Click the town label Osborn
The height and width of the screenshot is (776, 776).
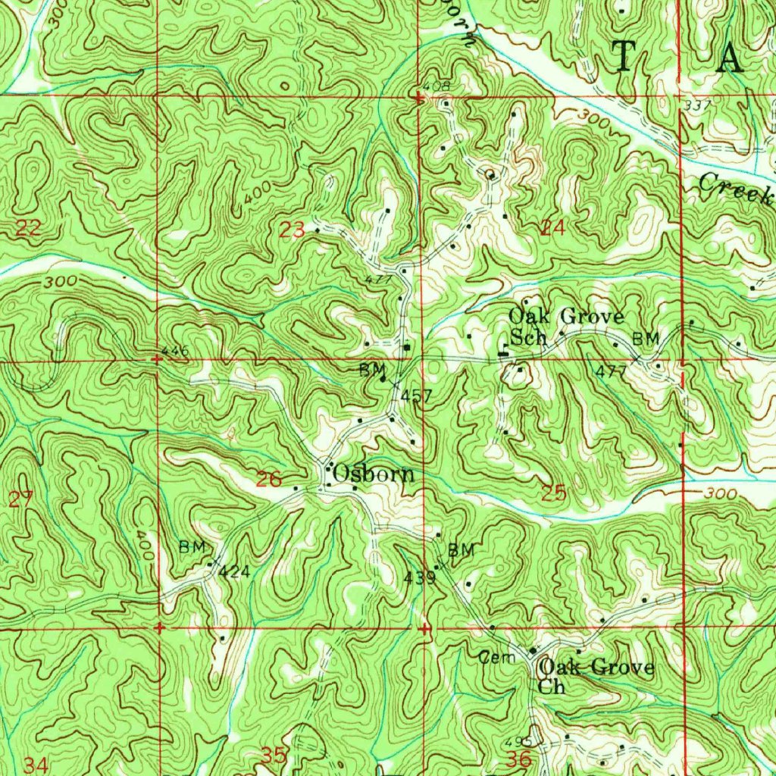[x=374, y=474]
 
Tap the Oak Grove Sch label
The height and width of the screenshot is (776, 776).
[x=565, y=327]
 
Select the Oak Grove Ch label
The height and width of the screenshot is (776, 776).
[x=595, y=676]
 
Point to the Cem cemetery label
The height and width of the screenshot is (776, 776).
[x=497, y=658]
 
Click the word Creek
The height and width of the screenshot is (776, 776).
[x=734, y=187]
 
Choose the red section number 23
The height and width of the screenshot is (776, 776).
[x=293, y=230]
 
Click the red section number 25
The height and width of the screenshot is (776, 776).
[x=554, y=493]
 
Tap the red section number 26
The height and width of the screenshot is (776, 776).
[x=269, y=479]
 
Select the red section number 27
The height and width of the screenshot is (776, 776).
[x=21, y=499]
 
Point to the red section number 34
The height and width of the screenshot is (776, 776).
[x=36, y=765]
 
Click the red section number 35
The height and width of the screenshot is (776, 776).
[x=274, y=756]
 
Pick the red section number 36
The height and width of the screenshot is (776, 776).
[x=521, y=759]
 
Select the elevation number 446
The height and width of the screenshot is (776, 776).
[x=174, y=351]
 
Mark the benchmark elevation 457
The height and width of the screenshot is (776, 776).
[x=416, y=396]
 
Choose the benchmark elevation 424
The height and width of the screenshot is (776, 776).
[x=234, y=571]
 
